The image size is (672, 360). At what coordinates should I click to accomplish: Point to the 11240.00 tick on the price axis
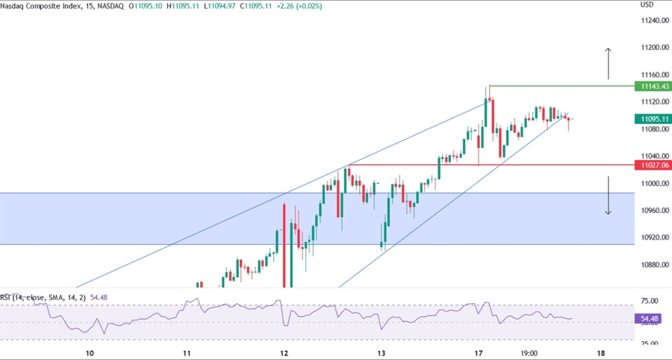tap(653, 21)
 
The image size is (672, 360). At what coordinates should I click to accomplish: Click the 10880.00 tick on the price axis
tap(653, 265)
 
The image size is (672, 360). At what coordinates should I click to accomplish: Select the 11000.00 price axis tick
tap(653, 184)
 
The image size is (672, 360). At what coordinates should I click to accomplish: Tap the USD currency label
tap(647, 4)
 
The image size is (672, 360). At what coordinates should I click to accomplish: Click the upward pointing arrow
tap(609, 63)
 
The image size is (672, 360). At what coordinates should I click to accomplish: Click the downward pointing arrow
tap(609, 196)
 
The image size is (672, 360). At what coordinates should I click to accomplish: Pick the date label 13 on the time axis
tap(382, 353)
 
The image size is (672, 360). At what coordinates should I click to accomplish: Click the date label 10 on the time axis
tap(90, 353)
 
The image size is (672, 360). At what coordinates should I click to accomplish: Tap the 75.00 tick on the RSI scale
tap(652, 301)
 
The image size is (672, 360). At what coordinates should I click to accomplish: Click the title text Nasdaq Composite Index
tap(46, 5)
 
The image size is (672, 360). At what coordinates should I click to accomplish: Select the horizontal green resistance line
tap(560, 87)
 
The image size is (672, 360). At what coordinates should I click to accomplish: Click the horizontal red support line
tap(485, 164)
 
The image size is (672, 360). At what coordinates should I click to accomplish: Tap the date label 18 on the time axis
tap(601, 353)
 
